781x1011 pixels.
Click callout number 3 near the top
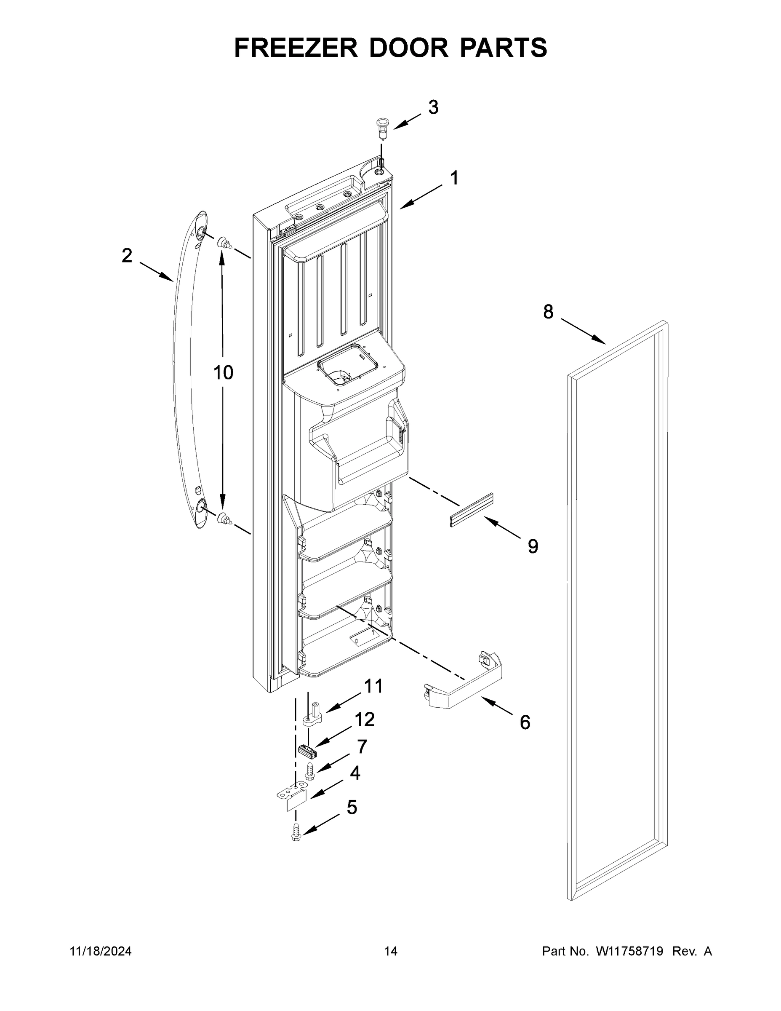pyautogui.click(x=433, y=107)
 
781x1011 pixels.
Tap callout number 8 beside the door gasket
pyautogui.click(x=548, y=312)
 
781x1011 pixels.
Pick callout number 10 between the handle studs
pyautogui.click(x=223, y=372)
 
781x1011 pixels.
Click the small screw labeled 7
pyautogui.click(x=309, y=772)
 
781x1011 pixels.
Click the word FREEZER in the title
pyautogui.click(x=296, y=48)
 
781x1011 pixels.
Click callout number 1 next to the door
pyautogui.click(x=454, y=178)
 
